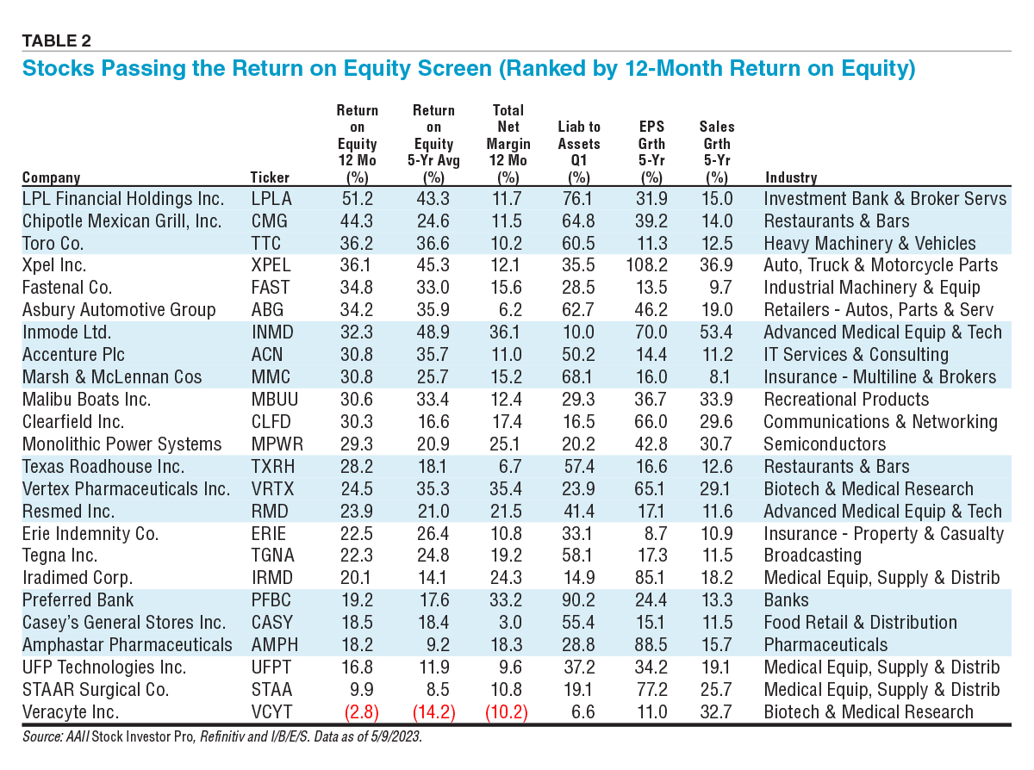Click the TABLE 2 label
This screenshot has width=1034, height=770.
[x=56, y=40]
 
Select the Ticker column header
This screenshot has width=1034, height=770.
[x=270, y=177]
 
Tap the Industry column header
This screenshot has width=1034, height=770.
[x=790, y=177]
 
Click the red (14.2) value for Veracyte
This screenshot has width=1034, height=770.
[x=433, y=712]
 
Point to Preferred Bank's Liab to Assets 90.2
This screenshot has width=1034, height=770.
[x=578, y=600]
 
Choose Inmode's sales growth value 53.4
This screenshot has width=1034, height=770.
[x=716, y=332]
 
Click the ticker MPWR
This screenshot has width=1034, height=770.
[x=276, y=444]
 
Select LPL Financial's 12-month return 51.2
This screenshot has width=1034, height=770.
[x=356, y=199]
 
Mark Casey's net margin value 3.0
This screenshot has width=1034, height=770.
[x=510, y=623]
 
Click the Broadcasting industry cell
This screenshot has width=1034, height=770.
[x=812, y=556]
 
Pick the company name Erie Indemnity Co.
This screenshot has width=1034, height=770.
[x=90, y=534]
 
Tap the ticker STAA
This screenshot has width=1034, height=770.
[x=271, y=690]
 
